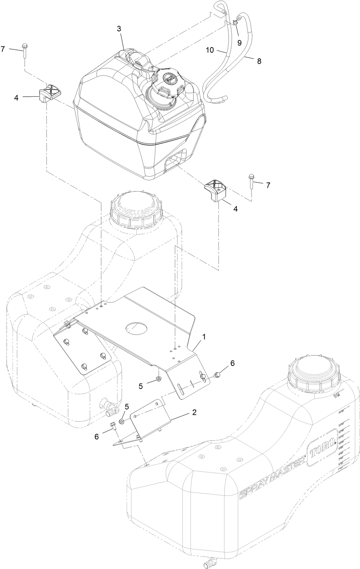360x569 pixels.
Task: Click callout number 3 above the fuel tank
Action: pos(119,29)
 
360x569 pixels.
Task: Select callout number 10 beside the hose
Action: pos(209,50)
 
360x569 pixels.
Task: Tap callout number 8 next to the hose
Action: pos(259,61)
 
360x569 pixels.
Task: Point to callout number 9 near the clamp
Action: pos(239,42)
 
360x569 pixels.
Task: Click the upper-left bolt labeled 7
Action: pos(24,51)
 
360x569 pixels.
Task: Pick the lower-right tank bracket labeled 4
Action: pos(215,191)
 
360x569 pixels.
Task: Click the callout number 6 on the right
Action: pos(232,363)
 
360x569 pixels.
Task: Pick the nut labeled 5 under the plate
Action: pos(158,378)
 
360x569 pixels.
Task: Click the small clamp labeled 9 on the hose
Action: pos(235,23)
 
